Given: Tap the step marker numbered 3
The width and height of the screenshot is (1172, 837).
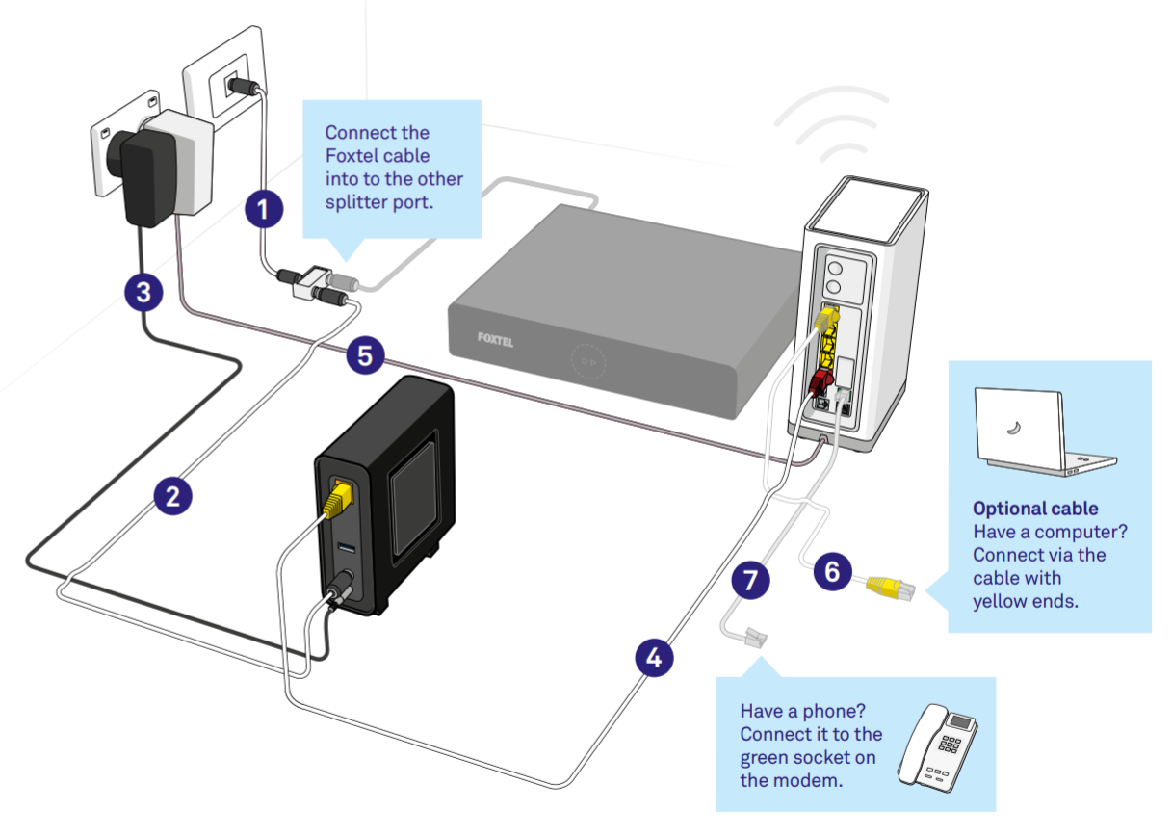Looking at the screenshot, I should point(143,292).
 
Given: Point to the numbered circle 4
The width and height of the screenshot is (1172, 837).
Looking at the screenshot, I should point(654,659).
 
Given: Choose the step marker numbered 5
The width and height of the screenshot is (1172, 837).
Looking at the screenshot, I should point(364,355).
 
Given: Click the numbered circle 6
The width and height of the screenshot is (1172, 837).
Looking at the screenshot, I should point(832,571).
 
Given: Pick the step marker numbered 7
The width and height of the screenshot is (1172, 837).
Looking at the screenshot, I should point(750,579).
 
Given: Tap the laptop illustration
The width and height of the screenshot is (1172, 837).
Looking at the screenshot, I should point(1038,431).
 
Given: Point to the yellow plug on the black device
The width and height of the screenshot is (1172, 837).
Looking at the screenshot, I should point(339,499).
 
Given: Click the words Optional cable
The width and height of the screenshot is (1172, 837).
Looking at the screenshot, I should point(1034,509).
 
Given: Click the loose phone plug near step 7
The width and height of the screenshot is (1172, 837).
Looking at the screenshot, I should point(753,637).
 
